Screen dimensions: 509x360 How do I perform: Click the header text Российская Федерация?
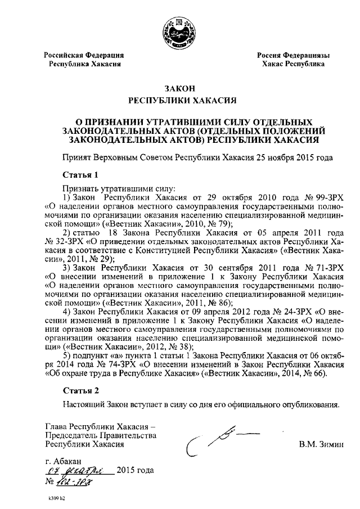pos(84,55)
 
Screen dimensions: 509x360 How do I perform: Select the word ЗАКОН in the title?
pos(179,88)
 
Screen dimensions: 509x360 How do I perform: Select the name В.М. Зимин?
pos(321,445)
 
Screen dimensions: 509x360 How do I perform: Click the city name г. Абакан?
pos(65,461)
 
